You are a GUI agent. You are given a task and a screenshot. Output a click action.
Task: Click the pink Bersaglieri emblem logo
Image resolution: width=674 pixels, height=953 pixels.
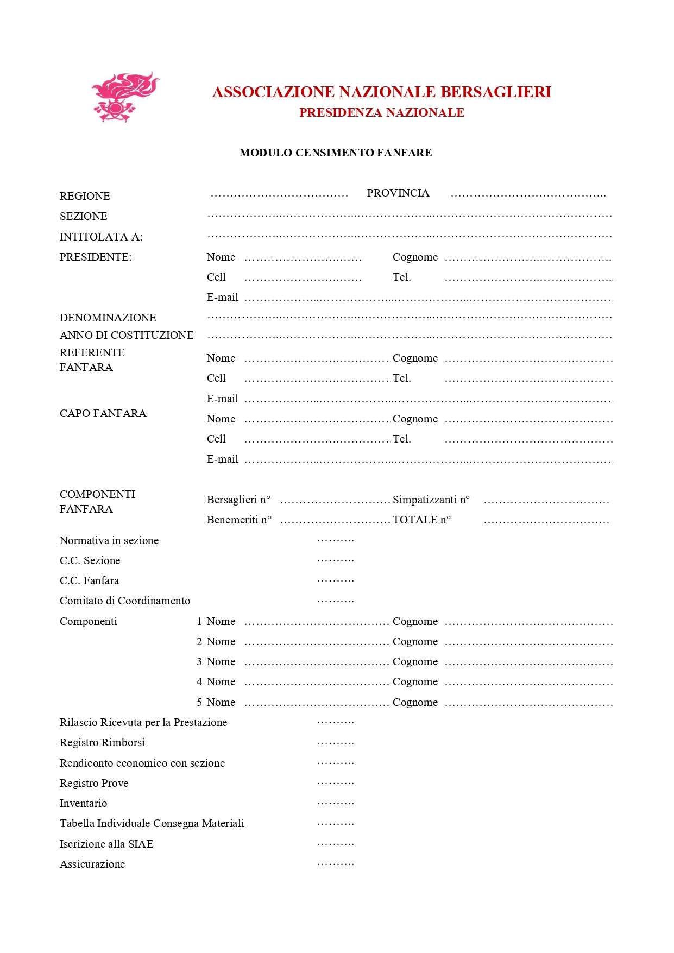pos(125,97)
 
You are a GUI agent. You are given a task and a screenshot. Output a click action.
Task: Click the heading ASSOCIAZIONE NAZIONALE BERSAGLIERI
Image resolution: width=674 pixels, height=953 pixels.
pos(381,92)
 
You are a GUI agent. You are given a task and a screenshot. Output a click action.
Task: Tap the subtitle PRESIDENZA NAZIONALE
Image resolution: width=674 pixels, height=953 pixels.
pos(381,113)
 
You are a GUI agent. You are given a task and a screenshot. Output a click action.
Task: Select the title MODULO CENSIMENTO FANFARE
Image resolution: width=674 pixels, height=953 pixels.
pos(336,153)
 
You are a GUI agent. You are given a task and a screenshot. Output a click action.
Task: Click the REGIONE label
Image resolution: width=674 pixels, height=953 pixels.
pos(85,196)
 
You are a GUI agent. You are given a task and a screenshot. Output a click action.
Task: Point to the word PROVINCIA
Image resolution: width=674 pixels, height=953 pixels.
pos(398,193)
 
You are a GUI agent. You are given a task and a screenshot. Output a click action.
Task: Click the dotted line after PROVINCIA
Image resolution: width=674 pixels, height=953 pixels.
pos(528,194)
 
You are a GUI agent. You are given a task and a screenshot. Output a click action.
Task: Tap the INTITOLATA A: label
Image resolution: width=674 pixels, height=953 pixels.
pos(101,237)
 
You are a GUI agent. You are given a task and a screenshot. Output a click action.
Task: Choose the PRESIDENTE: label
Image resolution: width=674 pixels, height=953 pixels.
pos(96,257)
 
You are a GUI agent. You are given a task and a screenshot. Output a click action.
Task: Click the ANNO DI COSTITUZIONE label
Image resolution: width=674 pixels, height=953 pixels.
pos(127,335)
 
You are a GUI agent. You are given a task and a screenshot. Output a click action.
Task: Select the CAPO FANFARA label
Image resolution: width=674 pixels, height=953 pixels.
pos(103,414)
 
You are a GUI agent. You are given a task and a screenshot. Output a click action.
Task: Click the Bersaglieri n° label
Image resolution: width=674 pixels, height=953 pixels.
pos(238,500)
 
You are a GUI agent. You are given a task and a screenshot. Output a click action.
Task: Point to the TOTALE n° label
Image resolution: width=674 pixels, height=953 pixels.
pos(421,520)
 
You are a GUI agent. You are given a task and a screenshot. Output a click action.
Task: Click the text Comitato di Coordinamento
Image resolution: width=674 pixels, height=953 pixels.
pos(125,601)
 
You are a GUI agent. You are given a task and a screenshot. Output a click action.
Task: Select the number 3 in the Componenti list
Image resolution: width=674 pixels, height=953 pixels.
pos(199,662)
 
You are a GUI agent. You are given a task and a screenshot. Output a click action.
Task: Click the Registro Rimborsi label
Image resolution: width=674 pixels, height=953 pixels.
pos(102,743)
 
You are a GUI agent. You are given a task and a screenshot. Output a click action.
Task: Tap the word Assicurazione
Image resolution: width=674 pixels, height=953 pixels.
pos(92,864)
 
